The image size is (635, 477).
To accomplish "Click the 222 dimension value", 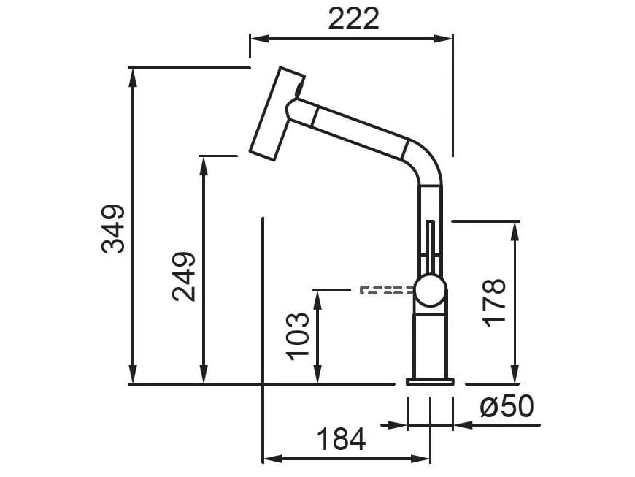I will (353, 19).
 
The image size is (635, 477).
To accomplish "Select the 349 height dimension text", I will (114, 229).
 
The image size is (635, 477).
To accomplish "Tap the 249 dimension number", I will (184, 277).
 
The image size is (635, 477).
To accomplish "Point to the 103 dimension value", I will (299, 336).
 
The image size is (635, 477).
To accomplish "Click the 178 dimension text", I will (495, 302).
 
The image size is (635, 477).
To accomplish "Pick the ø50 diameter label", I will (507, 407).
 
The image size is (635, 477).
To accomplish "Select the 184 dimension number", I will (341, 440).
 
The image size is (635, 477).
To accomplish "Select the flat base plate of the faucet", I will (430, 381).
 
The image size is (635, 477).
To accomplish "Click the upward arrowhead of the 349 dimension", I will (133, 76).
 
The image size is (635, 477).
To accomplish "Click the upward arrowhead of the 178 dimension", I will (515, 229).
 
